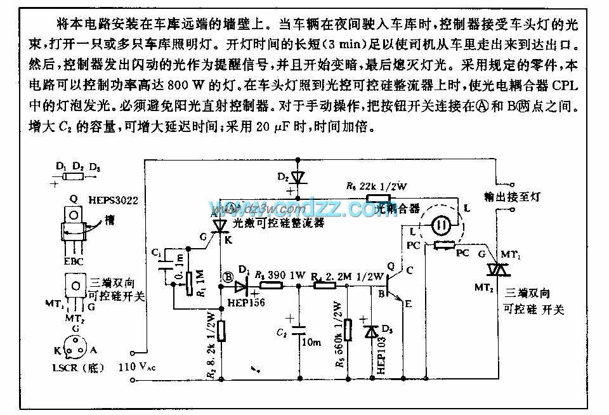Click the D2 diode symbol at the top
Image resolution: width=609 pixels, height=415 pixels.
(x=292, y=176)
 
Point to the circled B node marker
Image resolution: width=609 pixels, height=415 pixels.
(x=227, y=276)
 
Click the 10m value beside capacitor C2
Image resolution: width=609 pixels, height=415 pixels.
(x=312, y=343)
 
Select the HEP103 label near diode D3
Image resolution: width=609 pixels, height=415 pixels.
(x=381, y=355)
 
